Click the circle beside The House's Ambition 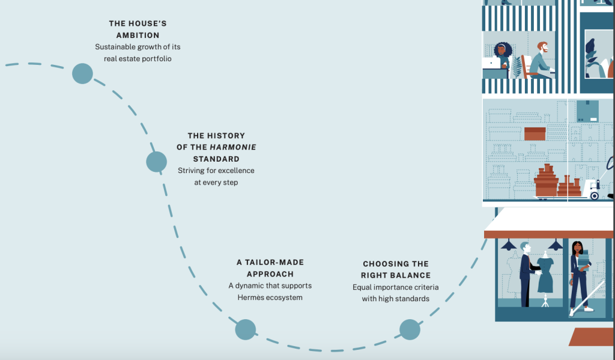click(x=82, y=73)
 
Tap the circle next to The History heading click(x=157, y=162)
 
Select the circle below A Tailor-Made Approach click(x=246, y=329)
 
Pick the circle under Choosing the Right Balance click(x=410, y=329)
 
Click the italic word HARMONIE click(x=233, y=147)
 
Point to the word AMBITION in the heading click(x=138, y=35)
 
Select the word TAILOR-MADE click(x=274, y=262)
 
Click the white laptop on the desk click(x=491, y=63)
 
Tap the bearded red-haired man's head click(x=543, y=47)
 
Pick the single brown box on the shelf click(x=535, y=133)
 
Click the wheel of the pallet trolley click(x=595, y=195)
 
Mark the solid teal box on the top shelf click(x=587, y=111)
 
